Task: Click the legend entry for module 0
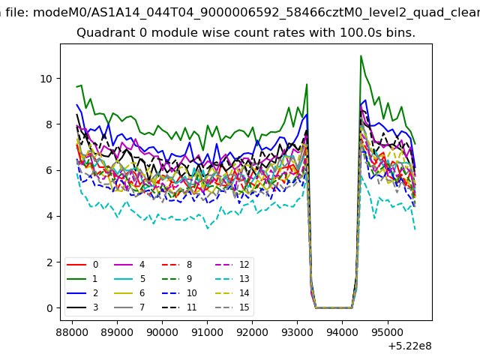click(82, 265)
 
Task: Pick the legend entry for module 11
click(179, 307)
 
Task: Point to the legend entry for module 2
click(82, 293)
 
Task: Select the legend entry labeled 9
click(177, 279)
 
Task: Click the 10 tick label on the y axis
click(46, 79)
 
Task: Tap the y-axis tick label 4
click(49, 217)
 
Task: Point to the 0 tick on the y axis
click(49, 308)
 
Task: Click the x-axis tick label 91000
click(207, 332)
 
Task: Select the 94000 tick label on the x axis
click(342, 332)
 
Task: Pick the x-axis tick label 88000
click(72, 332)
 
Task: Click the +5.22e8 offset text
click(409, 346)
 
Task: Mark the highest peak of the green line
click(361, 55)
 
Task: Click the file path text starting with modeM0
click(256, 13)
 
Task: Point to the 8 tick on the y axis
click(49, 124)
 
